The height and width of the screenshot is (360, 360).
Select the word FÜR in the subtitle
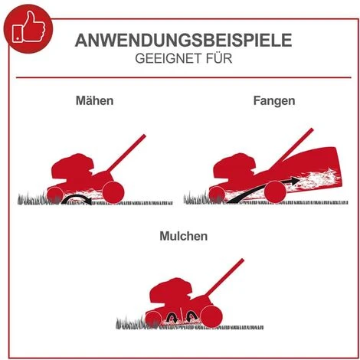tap(216, 60)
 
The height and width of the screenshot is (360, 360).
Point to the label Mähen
tap(94, 101)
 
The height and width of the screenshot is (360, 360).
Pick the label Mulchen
tap(182, 237)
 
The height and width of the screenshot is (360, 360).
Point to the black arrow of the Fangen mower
tap(257, 188)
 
